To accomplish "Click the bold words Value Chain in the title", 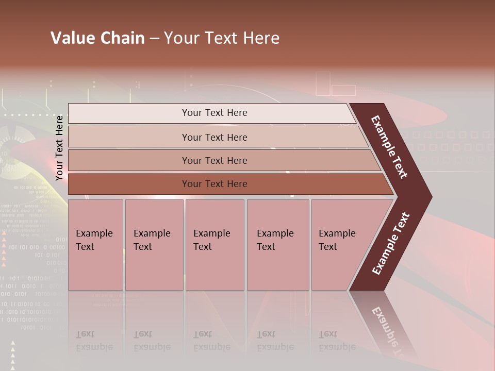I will pos(97,38).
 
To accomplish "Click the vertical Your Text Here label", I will pos(59,148).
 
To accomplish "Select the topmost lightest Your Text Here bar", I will pos(214,113).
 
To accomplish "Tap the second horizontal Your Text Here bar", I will pos(214,137).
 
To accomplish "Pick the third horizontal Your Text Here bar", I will pos(214,160).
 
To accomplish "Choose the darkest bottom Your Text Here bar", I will pos(214,184).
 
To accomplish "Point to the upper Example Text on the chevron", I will pos(390,147).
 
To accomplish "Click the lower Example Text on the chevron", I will pos(390,244).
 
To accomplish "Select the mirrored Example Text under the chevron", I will pos(389,330).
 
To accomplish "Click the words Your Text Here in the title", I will pos(222,38).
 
